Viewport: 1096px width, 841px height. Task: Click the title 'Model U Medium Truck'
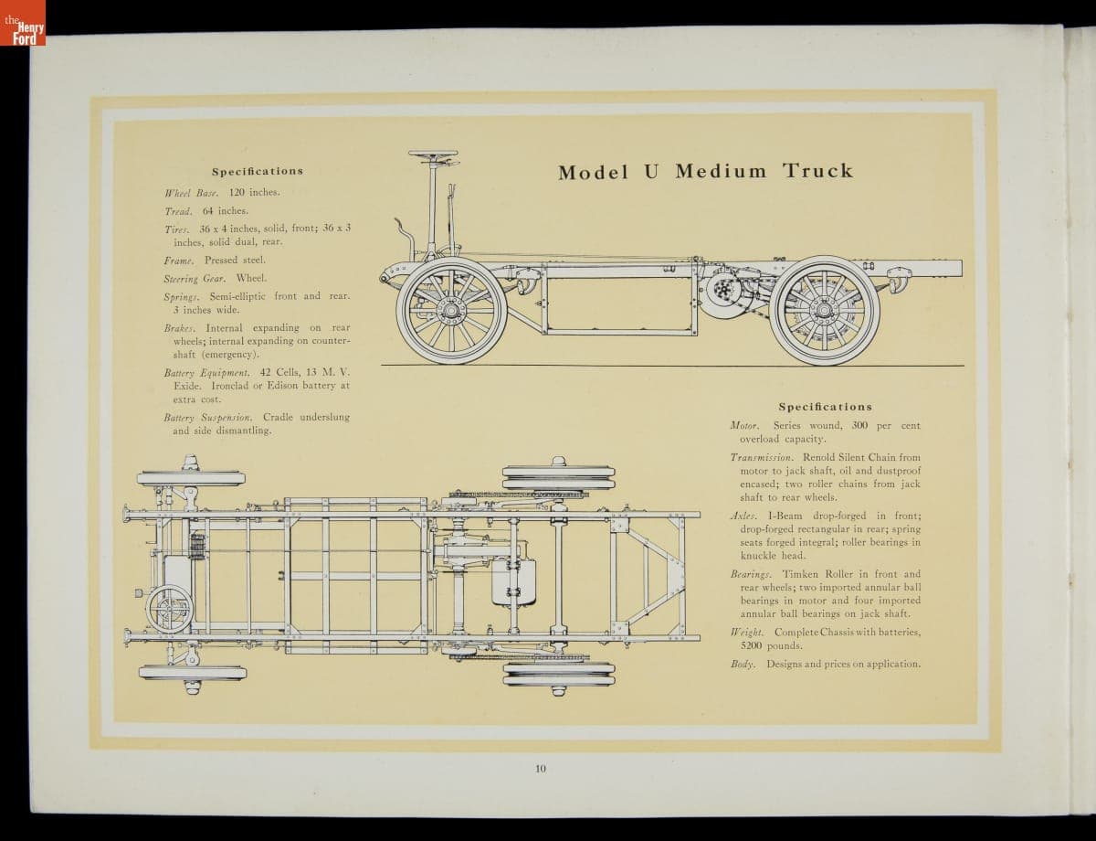tap(705, 171)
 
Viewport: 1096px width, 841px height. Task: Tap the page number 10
tap(541, 768)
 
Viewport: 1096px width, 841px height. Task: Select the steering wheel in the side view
tap(433, 154)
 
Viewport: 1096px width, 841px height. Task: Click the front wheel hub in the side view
tap(450, 311)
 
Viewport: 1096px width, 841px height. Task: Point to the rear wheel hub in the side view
tap(824, 310)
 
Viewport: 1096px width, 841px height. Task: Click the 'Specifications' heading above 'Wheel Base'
tap(258, 171)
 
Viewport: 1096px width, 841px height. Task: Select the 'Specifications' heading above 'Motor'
tap(825, 407)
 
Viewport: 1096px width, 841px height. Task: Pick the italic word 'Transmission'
tap(762, 457)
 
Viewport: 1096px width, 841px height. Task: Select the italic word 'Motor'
tap(745, 426)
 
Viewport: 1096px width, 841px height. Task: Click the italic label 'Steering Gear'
tap(195, 278)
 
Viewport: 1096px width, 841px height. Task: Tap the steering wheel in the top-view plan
tap(170, 608)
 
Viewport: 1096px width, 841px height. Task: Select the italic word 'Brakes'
tap(180, 328)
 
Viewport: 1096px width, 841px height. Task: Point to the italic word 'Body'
tap(743, 664)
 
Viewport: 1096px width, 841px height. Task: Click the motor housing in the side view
tap(723, 290)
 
